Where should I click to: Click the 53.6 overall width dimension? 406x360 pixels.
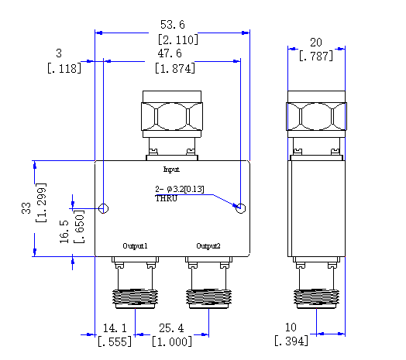[x=173, y=25]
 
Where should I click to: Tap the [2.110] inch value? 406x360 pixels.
[x=178, y=39]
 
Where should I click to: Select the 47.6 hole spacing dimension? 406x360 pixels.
[x=170, y=53]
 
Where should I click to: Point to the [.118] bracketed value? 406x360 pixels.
[x=64, y=69]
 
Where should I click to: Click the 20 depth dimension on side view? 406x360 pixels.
[x=316, y=43]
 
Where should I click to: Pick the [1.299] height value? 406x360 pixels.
[x=41, y=203]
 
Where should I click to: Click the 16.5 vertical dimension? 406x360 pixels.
[x=64, y=231]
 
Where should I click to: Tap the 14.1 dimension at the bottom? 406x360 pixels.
[x=115, y=328]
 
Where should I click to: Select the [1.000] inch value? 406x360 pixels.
[x=172, y=341]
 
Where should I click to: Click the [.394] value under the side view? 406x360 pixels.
[x=291, y=341]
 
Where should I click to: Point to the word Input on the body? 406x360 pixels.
[x=171, y=170]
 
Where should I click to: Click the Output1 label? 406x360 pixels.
[x=135, y=246]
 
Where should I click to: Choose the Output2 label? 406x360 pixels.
[x=208, y=246]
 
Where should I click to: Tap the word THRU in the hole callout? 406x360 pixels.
[x=166, y=198]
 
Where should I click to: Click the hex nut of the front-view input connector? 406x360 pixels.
[x=172, y=116]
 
